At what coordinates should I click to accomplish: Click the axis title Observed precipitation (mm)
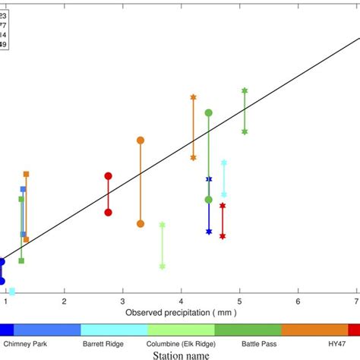click(x=182, y=311)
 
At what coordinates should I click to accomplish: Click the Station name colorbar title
click(x=179, y=355)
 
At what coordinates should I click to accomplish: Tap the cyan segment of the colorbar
click(x=114, y=330)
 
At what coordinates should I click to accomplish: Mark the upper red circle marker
click(x=108, y=176)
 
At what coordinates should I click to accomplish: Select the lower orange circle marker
click(x=141, y=223)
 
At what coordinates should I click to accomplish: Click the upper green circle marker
click(x=209, y=113)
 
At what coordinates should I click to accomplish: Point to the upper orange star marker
click(x=193, y=97)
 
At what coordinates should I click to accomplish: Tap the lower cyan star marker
click(x=223, y=194)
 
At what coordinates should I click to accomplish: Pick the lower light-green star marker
click(x=163, y=266)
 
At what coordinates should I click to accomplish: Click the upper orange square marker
click(x=26, y=174)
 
